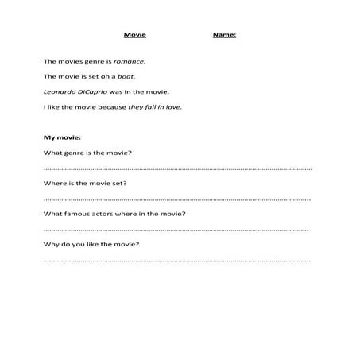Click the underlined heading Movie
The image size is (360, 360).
[135, 35]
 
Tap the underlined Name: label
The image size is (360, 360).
[224, 35]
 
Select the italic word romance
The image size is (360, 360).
[130, 60]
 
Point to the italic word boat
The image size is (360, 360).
[127, 76]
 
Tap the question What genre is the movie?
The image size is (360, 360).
[87, 153]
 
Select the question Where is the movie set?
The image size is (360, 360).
[85, 183]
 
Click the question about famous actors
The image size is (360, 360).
[115, 213]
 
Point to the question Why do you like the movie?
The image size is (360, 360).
[92, 243]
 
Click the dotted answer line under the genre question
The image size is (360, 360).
[177, 168]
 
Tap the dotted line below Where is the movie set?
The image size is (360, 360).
[177, 199]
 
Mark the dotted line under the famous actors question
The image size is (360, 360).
[177, 229]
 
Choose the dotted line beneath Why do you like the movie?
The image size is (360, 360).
[177, 259]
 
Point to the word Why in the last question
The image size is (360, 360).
[50, 243]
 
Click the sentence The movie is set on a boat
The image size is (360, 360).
[90, 76]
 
